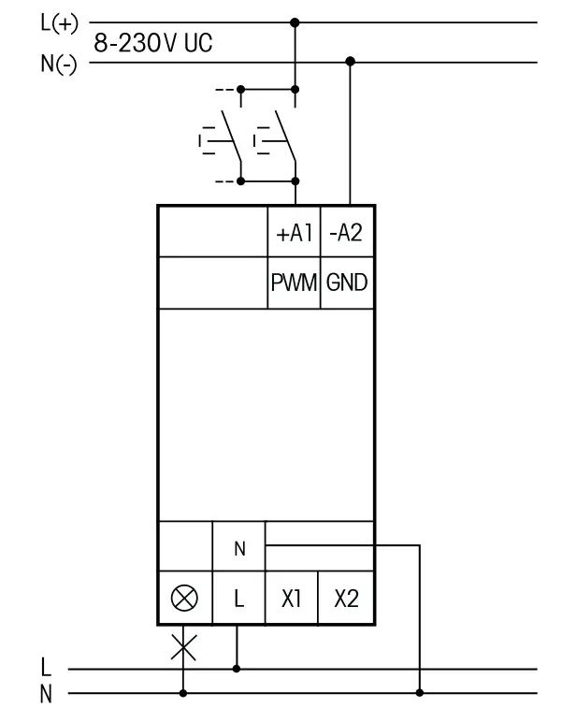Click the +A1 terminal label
[294, 235]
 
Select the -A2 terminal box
[347, 235]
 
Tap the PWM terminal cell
[294, 282]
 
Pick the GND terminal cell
[347, 282]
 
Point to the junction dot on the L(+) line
[295, 22]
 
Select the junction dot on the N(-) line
[350, 62]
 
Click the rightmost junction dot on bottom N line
[421, 693]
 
